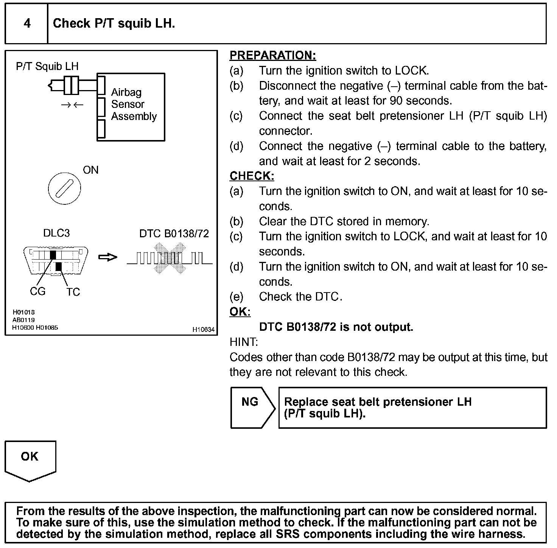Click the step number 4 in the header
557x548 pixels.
pyautogui.click(x=27, y=23)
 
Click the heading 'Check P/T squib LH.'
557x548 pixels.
pyautogui.click(x=114, y=23)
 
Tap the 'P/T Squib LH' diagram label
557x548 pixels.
pyautogui.click(x=47, y=67)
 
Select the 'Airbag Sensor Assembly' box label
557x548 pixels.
pyautogui.click(x=134, y=104)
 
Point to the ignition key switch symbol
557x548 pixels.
pyautogui.click(x=64, y=188)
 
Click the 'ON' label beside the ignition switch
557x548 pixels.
pyautogui.click(x=90, y=170)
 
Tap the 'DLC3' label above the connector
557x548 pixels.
pyautogui.click(x=56, y=233)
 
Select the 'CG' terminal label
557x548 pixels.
pyautogui.click(x=37, y=291)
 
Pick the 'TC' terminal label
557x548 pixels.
pyautogui.click(x=73, y=292)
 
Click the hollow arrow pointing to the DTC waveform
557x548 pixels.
pyautogui.click(x=108, y=257)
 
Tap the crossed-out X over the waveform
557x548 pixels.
pyautogui.click(x=170, y=258)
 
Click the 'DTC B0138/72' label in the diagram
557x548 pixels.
pyautogui.click(x=174, y=234)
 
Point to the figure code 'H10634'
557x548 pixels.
pyautogui.click(x=203, y=330)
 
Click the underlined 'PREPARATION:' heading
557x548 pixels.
pyautogui.click(x=272, y=56)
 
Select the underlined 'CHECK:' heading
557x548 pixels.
pyautogui.click(x=252, y=176)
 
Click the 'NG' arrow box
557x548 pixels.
pyautogui.click(x=252, y=408)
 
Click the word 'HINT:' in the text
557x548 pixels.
pyautogui.click(x=244, y=342)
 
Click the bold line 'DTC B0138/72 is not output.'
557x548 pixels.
pyautogui.click(x=336, y=327)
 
